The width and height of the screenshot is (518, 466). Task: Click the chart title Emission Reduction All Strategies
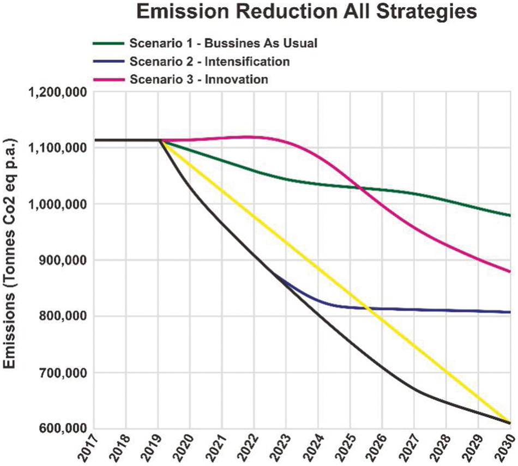[307, 12]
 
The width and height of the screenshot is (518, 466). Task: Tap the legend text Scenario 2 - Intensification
[209, 61]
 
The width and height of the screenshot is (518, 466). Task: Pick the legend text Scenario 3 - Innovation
[198, 79]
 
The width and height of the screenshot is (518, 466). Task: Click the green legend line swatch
[109, 43]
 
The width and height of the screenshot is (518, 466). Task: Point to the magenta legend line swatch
[109, 79]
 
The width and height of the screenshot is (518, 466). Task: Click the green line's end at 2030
[509, 215]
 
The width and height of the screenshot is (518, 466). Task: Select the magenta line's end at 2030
[509, 271]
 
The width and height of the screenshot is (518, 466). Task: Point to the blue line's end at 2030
[509, 312]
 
